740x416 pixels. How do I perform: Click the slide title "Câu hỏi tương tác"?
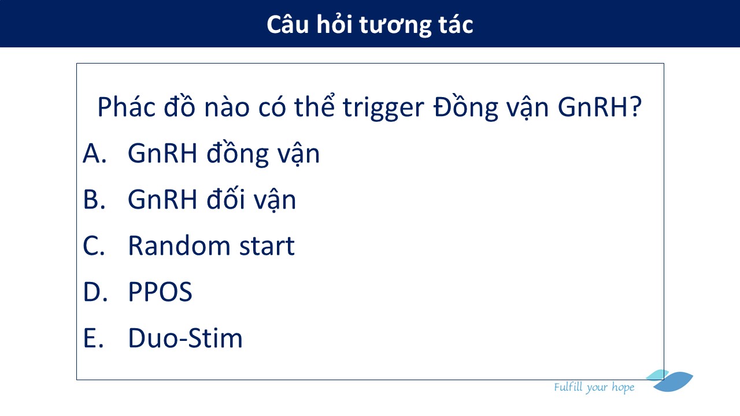tap(369, 25)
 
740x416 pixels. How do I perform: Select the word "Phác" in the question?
tap(126, 107)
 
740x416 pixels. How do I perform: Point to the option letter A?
tap(94, 153)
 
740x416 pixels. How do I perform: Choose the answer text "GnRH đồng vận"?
tap(224, 154)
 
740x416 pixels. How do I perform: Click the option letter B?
tap(94, 199)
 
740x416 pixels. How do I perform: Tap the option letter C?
tap(94, 246)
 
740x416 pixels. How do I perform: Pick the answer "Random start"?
tap(211, 246)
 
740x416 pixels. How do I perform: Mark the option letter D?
tap(95, 292)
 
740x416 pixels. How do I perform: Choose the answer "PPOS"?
tap(160, 292)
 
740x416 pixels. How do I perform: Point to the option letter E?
tap(94, 338)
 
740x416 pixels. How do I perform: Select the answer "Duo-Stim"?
tap(186, 338)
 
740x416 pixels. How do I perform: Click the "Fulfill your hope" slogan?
tap(594, 387)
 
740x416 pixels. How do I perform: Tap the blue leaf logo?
tap(669, 381)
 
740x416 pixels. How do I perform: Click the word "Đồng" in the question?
tap(465, 106)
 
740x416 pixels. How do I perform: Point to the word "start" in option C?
tap(267, 246)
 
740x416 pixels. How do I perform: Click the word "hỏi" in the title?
tap(334, 24)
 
